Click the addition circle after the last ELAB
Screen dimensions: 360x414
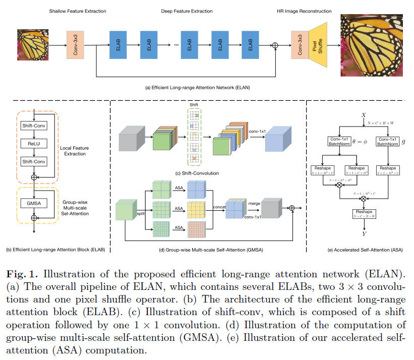275,45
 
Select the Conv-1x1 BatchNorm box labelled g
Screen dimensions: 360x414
387,142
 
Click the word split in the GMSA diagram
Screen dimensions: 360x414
141,214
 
